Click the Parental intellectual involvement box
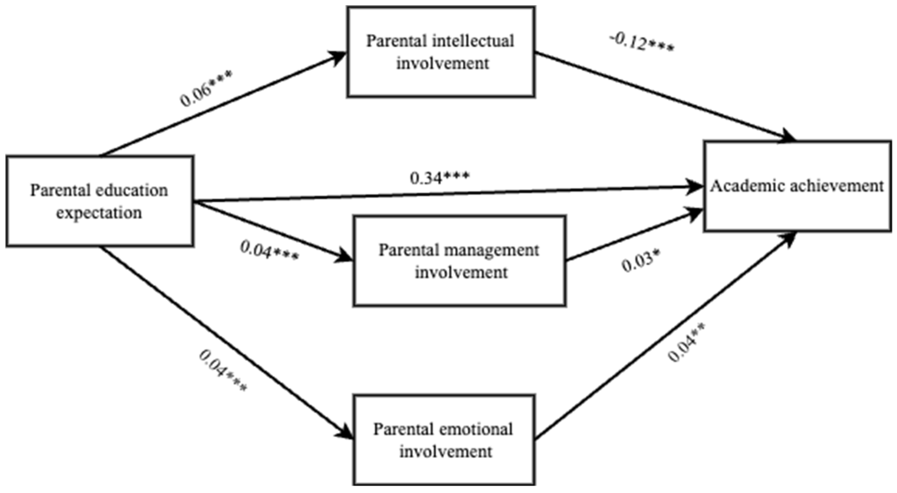[441, 52]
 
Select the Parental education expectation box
[99, 201]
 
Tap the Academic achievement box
[797, 186]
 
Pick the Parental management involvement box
[459, 261]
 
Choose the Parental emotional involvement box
[444, 440]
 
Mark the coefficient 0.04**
[686, 342]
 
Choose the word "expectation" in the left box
[99, 213]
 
